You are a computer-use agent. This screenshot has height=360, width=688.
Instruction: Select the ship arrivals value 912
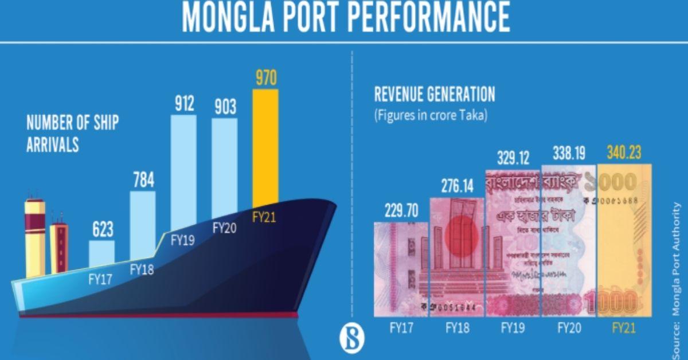[x=185, y=104]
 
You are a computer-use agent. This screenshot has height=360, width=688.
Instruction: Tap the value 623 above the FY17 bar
[x=101, y=229]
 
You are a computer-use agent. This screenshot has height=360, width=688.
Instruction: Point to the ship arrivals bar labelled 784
[x=143, y=224]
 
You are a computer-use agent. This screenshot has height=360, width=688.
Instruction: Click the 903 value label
[x=224, y=107]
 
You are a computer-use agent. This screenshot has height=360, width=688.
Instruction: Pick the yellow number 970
[x=265, y=78]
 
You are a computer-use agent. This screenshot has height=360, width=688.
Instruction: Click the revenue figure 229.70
[x=399, y=210]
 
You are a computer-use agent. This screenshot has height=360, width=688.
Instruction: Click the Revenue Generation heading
[x=434, y=95]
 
